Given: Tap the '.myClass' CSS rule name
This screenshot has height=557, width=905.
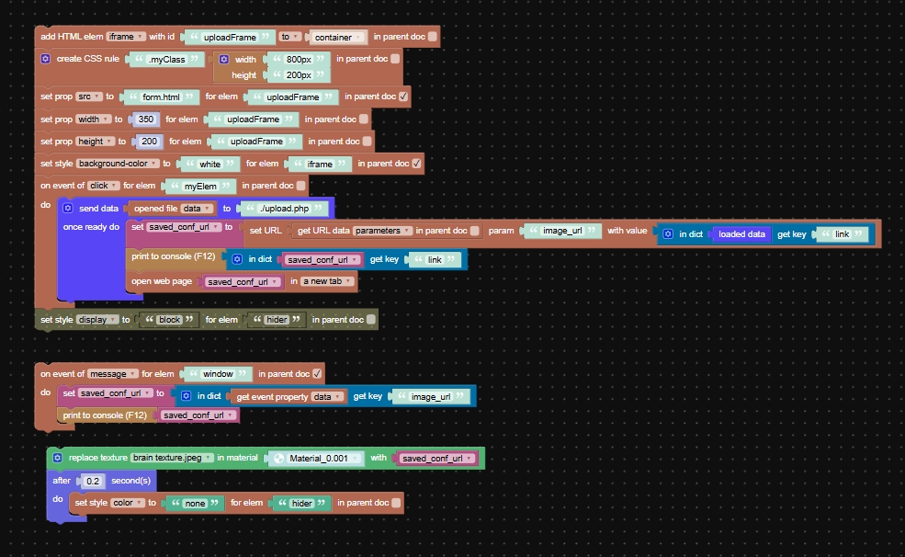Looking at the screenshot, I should (x=166, y=59).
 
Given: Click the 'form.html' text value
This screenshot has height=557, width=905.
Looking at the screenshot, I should (x=160, y=97).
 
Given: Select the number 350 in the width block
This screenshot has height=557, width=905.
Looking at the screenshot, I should (x=145, y=119).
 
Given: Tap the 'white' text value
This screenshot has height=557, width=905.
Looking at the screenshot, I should (x=210, y=164).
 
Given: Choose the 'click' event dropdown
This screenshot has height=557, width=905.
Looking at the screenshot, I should (x=102, y=186).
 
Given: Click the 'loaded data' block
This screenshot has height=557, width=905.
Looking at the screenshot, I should (x=741, y=234).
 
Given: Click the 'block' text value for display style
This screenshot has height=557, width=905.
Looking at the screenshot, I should (x=169, y=320).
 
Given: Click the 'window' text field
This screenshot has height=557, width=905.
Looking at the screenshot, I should (x=218, y=374).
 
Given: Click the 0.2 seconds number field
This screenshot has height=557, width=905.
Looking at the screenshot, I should (x=93, y=481).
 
